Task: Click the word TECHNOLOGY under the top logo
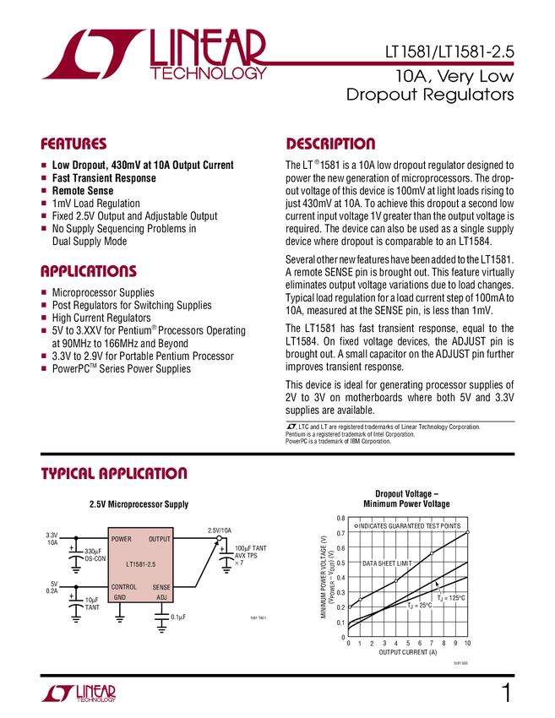pyautogui.click(x=208, y=74)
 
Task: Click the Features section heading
pyautogui.click(x=74, y=144)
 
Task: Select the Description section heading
pyautogui.click(x=331, y=144)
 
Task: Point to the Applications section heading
pyautogui.click(x=89, y=272)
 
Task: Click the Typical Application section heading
pyautogui.click(x=114, y=473)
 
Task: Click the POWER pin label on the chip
pyautogui.click(x=122, y=539)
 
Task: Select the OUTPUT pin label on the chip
pyautogui.click(x=160, y=539)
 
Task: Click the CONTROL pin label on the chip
pyautogui.click(x=124, y=587)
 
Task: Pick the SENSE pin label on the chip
pyautogui.click(x=161, y=587)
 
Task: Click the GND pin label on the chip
pyautogui.click(x=120, y=597)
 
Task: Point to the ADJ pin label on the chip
pyautogui.click(x=162, y=597)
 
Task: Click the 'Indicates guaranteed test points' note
pyautogui.click(x=408, y=525)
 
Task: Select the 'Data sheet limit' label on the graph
pyautogui.click(x=388, y=563)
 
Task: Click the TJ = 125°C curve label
pyautogui.click(x=451, y=598)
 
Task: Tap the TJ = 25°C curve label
pyautogui.click(x=420, y=606)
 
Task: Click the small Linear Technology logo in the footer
pyautogui.click(x=78, y=693)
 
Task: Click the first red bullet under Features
pyautogui.click(x=43, y=165)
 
